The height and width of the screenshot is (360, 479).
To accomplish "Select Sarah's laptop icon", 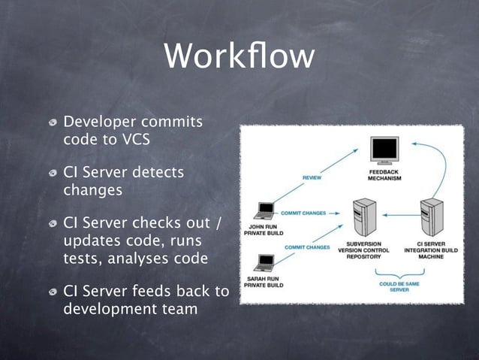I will pyautogui.click(x=264, y=263).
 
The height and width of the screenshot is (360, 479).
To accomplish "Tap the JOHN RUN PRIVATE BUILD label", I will pyautogui.click(x=263, y=229).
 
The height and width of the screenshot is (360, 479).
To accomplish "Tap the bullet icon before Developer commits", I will pyautogui.click(x=53, y=123).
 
